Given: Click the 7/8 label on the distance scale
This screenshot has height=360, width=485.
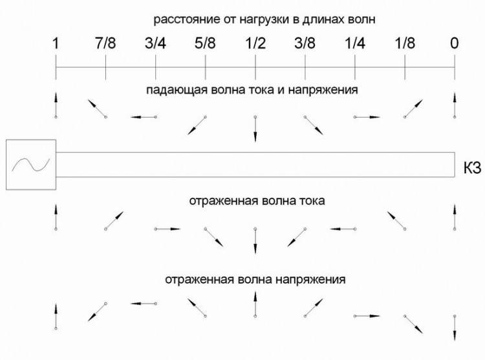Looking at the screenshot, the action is pyautogui.click(x=105, y=43).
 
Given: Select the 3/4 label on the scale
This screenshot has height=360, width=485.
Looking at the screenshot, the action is pyautogui.click(x=155, y=43).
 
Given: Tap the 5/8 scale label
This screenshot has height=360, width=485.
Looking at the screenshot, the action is pyautogui.click(x=205, y=43).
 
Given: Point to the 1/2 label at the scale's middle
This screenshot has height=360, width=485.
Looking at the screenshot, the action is pyautogui.click(x=255, y=43).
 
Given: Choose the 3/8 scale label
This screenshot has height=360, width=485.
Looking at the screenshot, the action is pyautogui.click(x=305, y=43).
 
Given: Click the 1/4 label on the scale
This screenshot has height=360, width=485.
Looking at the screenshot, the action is pyautogui.click(x=355, y=43).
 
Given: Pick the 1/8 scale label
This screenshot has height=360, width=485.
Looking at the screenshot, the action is pyautogui.click(x=405, y=43).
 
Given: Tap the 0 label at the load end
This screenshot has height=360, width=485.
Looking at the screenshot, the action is pyautogui.click(x=455, y=43).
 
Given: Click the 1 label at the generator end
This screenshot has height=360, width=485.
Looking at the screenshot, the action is pyautogui.click(x=56, y=43).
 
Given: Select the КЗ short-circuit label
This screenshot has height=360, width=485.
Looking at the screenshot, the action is pyautogui.click(x=472, y=168).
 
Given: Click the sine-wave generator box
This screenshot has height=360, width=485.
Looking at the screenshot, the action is pyautogui.click(x=31, y=164).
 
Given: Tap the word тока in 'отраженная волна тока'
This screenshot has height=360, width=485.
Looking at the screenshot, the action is pyautogui.click(x=312, y=201).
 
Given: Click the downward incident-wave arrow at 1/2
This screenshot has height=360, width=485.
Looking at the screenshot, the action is pyautogui.click(x=255, y=129).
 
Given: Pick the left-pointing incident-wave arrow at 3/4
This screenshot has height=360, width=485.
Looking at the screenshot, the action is pyautogui.click(x=144, y=117).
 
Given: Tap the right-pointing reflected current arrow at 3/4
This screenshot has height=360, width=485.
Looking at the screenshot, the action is pyautogui.click(x=167, y=229).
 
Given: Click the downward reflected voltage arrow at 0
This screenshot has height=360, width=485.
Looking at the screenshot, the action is pyautogui.click(x=455, y=328).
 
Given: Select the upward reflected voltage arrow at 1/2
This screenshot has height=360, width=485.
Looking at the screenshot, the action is pyautogui.click(x=255, y=304).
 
